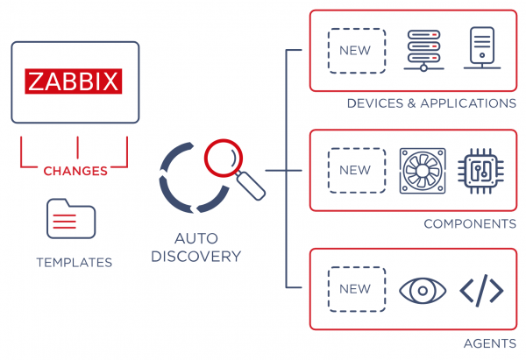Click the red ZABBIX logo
pyautogui.click(x=75, y=81)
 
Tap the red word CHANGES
pyautogui.click(x=75, y=170)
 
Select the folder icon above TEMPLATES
pyautogui.click(x=71, y=219)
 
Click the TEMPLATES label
pyautogui.click(x=75, y=262)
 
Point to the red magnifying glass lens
pyautogui.click(x=220, y=158)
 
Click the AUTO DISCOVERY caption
pyautogui.click(x=207, y=247)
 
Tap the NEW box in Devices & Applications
pyautogui.click(x=355, y=50)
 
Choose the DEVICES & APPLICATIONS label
pyautogui.click(x=431, y=103)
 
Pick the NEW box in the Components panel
pyautogui.click(x=355, y=170)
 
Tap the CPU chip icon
pyautogui.click(x=481, y=170)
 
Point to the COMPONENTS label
pyautogui.click(x=470, y=224)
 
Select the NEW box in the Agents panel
pyautogui.click(x=355, y=290)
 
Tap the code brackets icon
pyautogui.click(x=481, y=290)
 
